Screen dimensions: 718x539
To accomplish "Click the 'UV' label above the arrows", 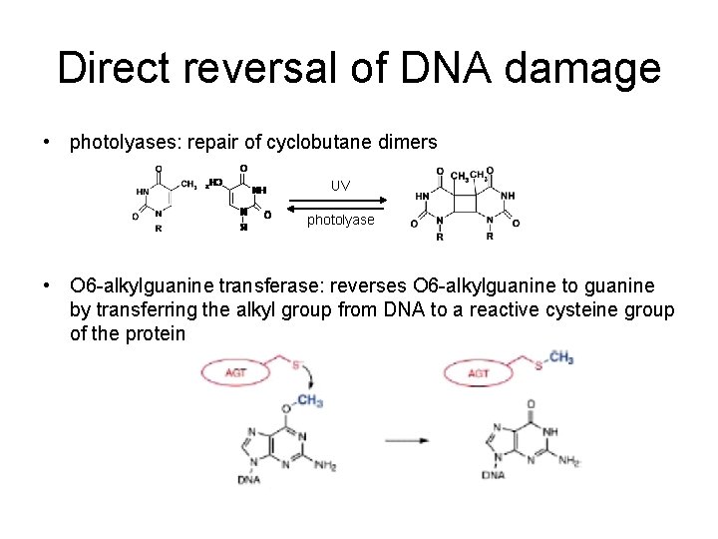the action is click(x=341, y=186).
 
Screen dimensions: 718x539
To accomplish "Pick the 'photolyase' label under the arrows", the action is click(x=341, y=220).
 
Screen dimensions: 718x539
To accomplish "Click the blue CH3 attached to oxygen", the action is click(x=309, y=401).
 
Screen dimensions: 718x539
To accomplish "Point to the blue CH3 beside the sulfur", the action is click(x=560, y=358).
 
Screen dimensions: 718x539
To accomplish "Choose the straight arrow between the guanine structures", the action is click(x=400, y=439).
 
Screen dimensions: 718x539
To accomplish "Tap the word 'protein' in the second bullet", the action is click(x=158, y=333).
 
